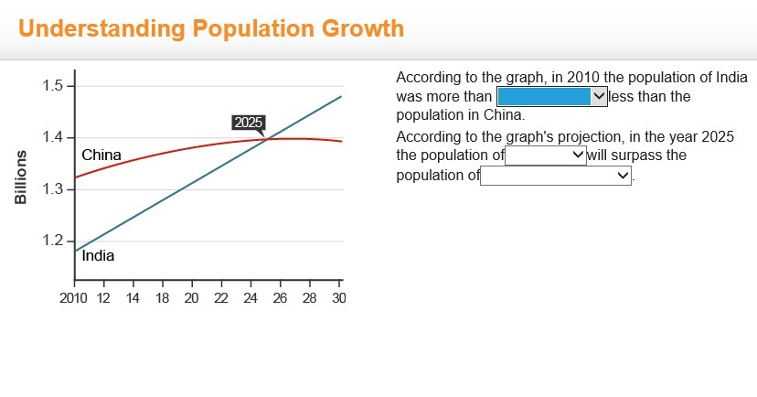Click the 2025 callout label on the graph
[248, 123]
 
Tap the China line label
[101, 155]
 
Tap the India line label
[98, 256]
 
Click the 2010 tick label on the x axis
[73, 297]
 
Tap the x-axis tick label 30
[339, 297]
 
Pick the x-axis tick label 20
[192, 297]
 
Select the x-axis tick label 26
[280, 297]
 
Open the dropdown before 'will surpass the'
[546, 156]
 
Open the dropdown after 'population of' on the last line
[556, 176]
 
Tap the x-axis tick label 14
[133, 297]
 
